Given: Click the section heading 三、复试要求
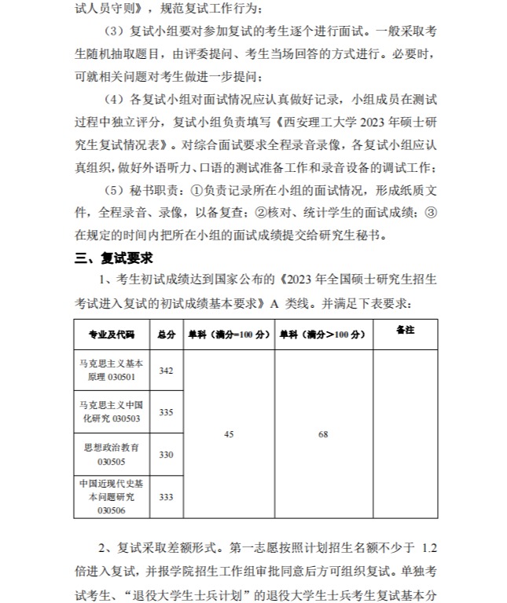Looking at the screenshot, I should [x=113, y=258].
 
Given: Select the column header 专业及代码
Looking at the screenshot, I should [x=112, y=334].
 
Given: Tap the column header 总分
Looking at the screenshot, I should [x=166, y=334].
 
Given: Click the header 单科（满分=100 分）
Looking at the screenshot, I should [x=228, y=334].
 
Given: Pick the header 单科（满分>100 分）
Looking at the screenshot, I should [x=323, y=334].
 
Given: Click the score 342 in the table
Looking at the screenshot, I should [x=166, y=371].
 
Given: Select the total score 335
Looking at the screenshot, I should [x=166, y=412].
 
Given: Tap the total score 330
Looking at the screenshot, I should [x=166, y=455].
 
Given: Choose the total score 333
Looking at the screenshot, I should [x=166, y=496].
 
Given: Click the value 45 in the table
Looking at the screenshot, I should [x=229, y=434].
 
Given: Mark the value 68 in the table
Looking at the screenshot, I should [x=323, y=434].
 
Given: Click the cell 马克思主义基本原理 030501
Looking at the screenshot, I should [x=112, y=371].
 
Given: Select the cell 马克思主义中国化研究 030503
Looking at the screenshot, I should [x=112, y=412].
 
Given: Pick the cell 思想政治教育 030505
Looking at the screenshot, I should [x=112, y=455].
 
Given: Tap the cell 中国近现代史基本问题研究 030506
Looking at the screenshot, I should [x=112, y=496].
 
